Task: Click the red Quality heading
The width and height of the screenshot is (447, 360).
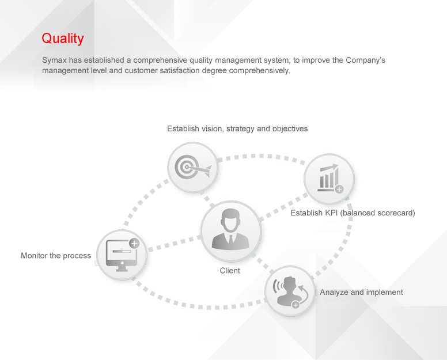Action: click(63, 39)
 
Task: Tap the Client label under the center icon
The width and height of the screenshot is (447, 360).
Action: click(230, 271)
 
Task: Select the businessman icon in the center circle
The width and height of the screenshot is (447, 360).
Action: click(230, 229)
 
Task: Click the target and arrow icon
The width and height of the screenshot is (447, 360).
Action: click(193, 167)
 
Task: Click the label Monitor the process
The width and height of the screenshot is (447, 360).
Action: click(56, 255)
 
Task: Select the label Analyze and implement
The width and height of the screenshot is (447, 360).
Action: click(361, 292)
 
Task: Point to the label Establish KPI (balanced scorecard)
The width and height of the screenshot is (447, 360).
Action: click(353, 213)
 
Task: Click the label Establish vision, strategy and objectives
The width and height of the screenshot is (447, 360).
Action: click(237, 128)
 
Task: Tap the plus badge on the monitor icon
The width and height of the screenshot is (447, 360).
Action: click(134, 243)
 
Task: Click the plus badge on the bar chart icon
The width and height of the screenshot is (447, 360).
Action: click(339, 189)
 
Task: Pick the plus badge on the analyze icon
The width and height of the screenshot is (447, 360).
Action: click(296, 305)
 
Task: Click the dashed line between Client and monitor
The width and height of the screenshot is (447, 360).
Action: click(175, 244)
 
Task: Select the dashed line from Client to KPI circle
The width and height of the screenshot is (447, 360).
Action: click(283, 207)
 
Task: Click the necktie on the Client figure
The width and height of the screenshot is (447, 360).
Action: click(230, 239)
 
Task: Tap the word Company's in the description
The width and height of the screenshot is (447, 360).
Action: click(365, 60)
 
